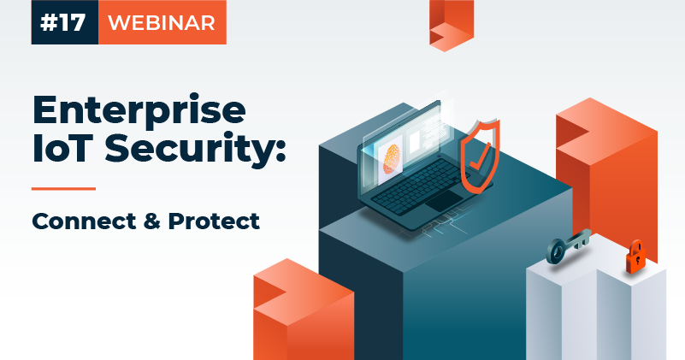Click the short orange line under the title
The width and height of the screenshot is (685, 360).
(x=63, y=188)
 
